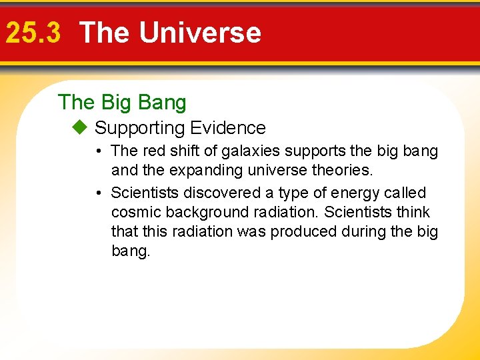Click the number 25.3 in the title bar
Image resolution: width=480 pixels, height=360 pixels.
33,33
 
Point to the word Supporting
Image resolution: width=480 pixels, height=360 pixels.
139,128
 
